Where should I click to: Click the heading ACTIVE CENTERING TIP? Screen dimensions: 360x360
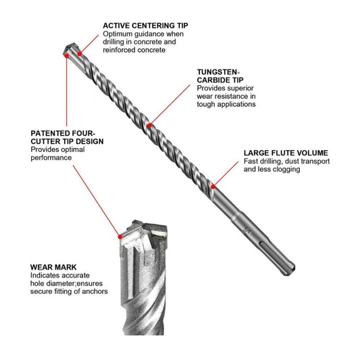[145, 25]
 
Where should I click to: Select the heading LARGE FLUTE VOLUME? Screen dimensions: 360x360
[286, 153]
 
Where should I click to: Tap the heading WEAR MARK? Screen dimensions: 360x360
[53, 267]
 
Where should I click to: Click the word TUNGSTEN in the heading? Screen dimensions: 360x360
[217, 72]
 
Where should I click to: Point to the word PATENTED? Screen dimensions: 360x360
[51, 133]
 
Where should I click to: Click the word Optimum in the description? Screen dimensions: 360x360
[118, 34]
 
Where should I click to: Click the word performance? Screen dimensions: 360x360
[51, 158]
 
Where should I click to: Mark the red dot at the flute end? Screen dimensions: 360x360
[213, 187]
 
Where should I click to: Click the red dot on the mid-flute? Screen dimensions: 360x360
[149, 126]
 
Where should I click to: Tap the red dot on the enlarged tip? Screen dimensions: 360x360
[120, 236]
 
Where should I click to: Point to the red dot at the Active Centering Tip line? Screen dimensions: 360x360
[80, 54]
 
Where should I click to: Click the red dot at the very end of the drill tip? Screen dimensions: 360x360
[67, 55]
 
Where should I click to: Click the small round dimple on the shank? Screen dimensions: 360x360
[248, 230]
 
